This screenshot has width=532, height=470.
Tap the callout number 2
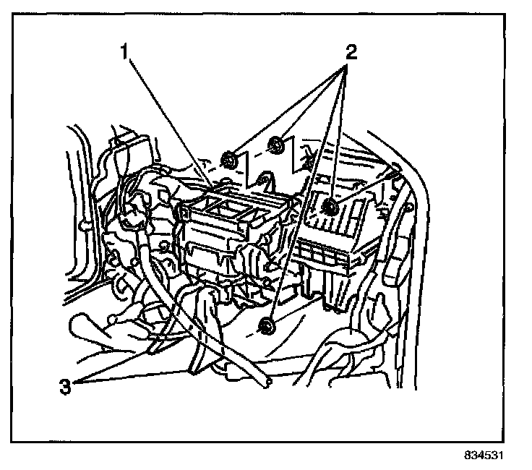point(351,51)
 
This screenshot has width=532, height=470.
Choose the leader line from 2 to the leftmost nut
point(289,108)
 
